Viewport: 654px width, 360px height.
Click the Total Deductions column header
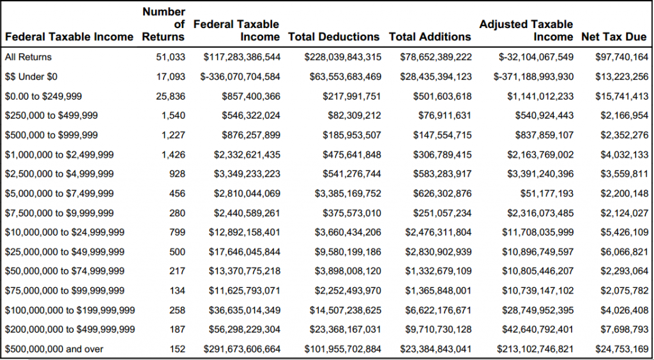click(x=333, y=36)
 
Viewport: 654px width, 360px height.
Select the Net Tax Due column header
click(x=614, y=36)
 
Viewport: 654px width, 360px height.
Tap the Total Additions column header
click(x=430, y=36)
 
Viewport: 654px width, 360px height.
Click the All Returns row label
click(x=28, y=57)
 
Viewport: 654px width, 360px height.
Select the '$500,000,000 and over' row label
click(x=54, y=349)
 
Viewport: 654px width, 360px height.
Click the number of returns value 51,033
click(x=171, y=57)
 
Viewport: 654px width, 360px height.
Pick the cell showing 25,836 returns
click(x=171, y=96)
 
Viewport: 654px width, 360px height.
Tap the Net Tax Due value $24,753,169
click(x=622, y=349)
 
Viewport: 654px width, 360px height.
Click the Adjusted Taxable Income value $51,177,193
click(x=547, y=193)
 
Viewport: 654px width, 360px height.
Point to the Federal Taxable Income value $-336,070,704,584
click(x=241, y=77)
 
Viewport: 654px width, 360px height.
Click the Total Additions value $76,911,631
click(x=445, y=116)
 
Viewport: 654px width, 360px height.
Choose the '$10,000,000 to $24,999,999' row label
click(x=65, y=232)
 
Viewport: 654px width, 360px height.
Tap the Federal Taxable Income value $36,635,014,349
click(x=245, y=310)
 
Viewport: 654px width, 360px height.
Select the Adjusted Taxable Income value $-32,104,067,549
click(x=536, y=57)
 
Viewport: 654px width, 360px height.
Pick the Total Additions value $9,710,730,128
click(x=438, y=329)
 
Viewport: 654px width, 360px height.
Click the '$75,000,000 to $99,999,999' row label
click(x=65, y=290)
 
